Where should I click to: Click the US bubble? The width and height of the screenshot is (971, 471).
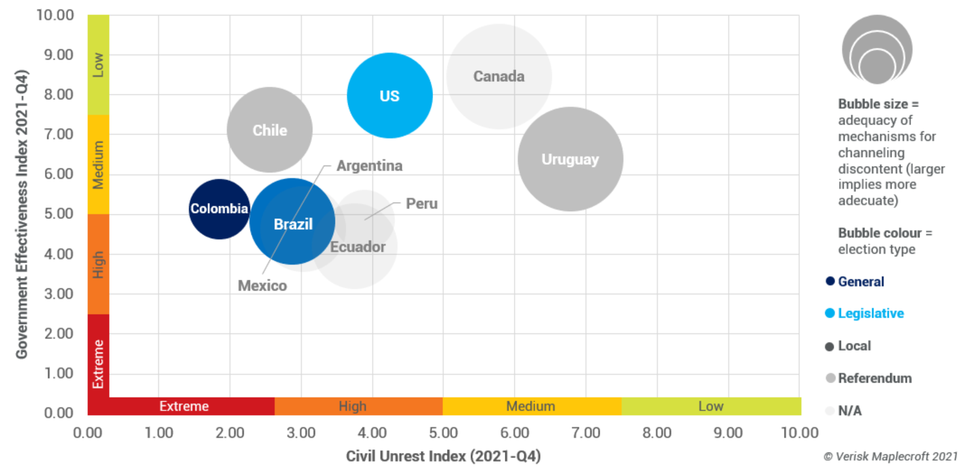coord(390,96)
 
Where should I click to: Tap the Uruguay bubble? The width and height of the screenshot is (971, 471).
coord(570,159)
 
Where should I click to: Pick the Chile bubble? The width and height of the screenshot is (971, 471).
coord(269,130)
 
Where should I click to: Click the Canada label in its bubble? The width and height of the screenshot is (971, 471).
coord(499,76)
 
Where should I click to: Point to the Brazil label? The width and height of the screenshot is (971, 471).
coord(293,224)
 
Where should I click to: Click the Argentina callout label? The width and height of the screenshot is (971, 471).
coord(369,165)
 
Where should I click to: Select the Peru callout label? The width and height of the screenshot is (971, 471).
coord(422,203)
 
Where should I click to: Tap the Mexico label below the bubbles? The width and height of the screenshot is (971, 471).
coord(262,285)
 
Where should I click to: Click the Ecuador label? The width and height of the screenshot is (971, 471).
coord(358,247)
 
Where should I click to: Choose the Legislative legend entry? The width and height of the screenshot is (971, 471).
coord(870,313)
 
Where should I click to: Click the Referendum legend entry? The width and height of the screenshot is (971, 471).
coord(874,378)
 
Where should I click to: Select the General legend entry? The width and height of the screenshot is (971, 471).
coord(860,282)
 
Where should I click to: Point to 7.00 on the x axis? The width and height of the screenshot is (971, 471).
coord(585,433)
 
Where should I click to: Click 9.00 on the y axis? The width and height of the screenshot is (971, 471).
coord(58,55)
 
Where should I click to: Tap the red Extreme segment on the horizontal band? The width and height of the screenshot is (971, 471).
coord(184,406)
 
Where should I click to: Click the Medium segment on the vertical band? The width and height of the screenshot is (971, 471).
coord(98,164)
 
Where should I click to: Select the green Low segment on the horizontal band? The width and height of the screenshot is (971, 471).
coord(711,406)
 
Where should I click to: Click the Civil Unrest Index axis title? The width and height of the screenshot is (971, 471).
coord(443,456)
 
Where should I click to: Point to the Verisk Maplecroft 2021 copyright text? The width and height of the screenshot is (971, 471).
coord(890,456)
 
